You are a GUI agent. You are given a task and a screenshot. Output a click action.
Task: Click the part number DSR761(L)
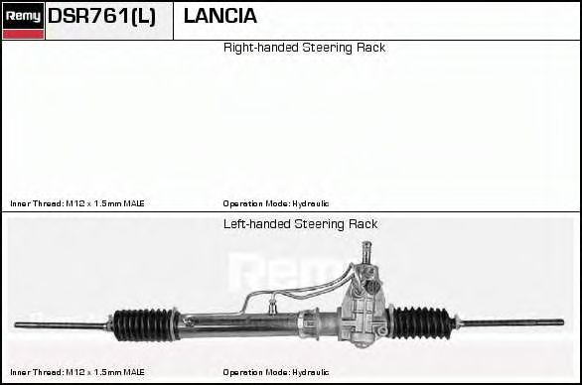pos(101,16)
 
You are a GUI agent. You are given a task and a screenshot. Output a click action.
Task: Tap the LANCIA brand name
pos(220,16)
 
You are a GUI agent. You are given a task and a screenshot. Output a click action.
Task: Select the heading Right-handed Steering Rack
pos(304,48)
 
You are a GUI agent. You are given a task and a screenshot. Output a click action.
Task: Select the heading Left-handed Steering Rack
pos(300,224)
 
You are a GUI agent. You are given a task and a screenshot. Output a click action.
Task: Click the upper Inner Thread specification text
pos(77,203)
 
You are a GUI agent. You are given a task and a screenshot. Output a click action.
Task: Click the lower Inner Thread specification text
pos(77,372)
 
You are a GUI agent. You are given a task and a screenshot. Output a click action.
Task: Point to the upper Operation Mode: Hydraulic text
pos(276,203)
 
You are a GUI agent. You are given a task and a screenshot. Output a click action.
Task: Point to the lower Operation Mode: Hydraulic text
pos(276,372)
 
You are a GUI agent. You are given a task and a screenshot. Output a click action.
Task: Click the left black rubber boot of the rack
pos(144,324)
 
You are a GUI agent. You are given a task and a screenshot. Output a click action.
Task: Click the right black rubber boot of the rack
pos(422,322)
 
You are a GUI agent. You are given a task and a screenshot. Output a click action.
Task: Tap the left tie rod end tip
pos(16,324)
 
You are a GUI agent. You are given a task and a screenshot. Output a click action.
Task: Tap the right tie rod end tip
pos(562,322)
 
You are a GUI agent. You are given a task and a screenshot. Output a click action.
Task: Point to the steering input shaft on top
pos(366,253)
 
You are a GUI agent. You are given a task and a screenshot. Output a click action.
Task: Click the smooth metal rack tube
pos(241,323)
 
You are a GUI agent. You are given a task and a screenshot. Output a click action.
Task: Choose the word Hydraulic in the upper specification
pos(311,203)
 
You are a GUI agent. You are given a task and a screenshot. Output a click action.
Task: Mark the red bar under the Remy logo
pos(23,35)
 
